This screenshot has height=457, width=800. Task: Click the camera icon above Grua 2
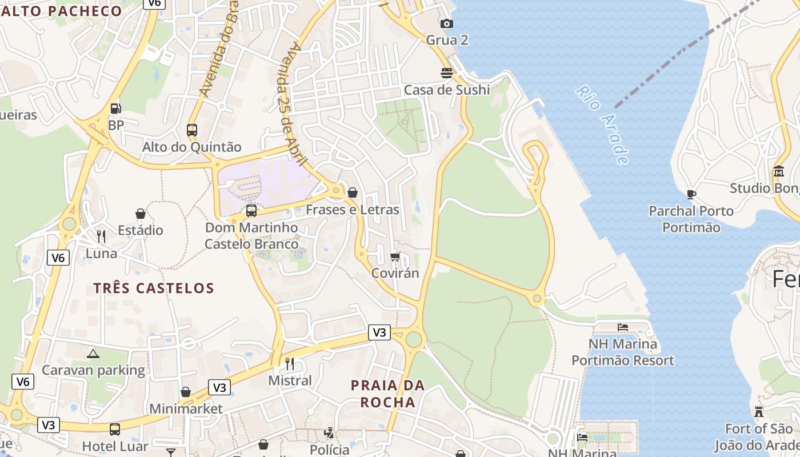[447, 23]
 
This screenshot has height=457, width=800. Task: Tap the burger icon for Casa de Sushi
[447, 73]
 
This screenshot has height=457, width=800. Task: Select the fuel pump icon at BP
[115, 108]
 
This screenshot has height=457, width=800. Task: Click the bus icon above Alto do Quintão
[192, 130]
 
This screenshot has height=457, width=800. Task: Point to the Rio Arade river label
[602, 125]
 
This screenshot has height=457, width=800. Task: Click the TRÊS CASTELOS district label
[154, 288]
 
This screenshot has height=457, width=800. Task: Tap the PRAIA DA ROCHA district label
[387, 394]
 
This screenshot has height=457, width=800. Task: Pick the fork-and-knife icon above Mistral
[290, 363]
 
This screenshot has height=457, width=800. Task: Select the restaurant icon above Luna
[101, 236]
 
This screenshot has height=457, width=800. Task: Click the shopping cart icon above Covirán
[395, 256]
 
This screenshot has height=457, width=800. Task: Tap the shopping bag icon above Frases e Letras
[353, 193]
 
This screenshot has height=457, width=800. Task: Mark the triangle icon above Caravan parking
[93, 354]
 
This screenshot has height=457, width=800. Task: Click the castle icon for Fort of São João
[759, 411]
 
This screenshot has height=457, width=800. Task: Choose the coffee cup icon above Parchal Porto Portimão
[691, 194]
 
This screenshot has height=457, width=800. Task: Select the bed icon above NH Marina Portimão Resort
[623, 327]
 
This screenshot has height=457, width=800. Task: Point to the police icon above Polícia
[329, 433]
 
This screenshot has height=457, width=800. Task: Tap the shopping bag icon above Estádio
[140, 214]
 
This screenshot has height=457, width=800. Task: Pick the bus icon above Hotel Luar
[115, 429]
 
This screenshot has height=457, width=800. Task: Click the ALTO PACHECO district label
[61, 11]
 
